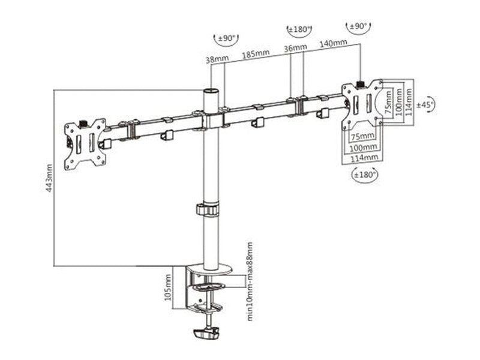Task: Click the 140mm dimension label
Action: click(x=333, y=43)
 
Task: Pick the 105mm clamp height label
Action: click(x=169, y=289)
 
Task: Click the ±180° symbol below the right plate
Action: click(x=364, y=175)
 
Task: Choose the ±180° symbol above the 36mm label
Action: click(x=299, y=29)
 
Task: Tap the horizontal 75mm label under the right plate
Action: click(x=364, y=136)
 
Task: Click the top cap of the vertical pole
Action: click(x=211, y=92)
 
